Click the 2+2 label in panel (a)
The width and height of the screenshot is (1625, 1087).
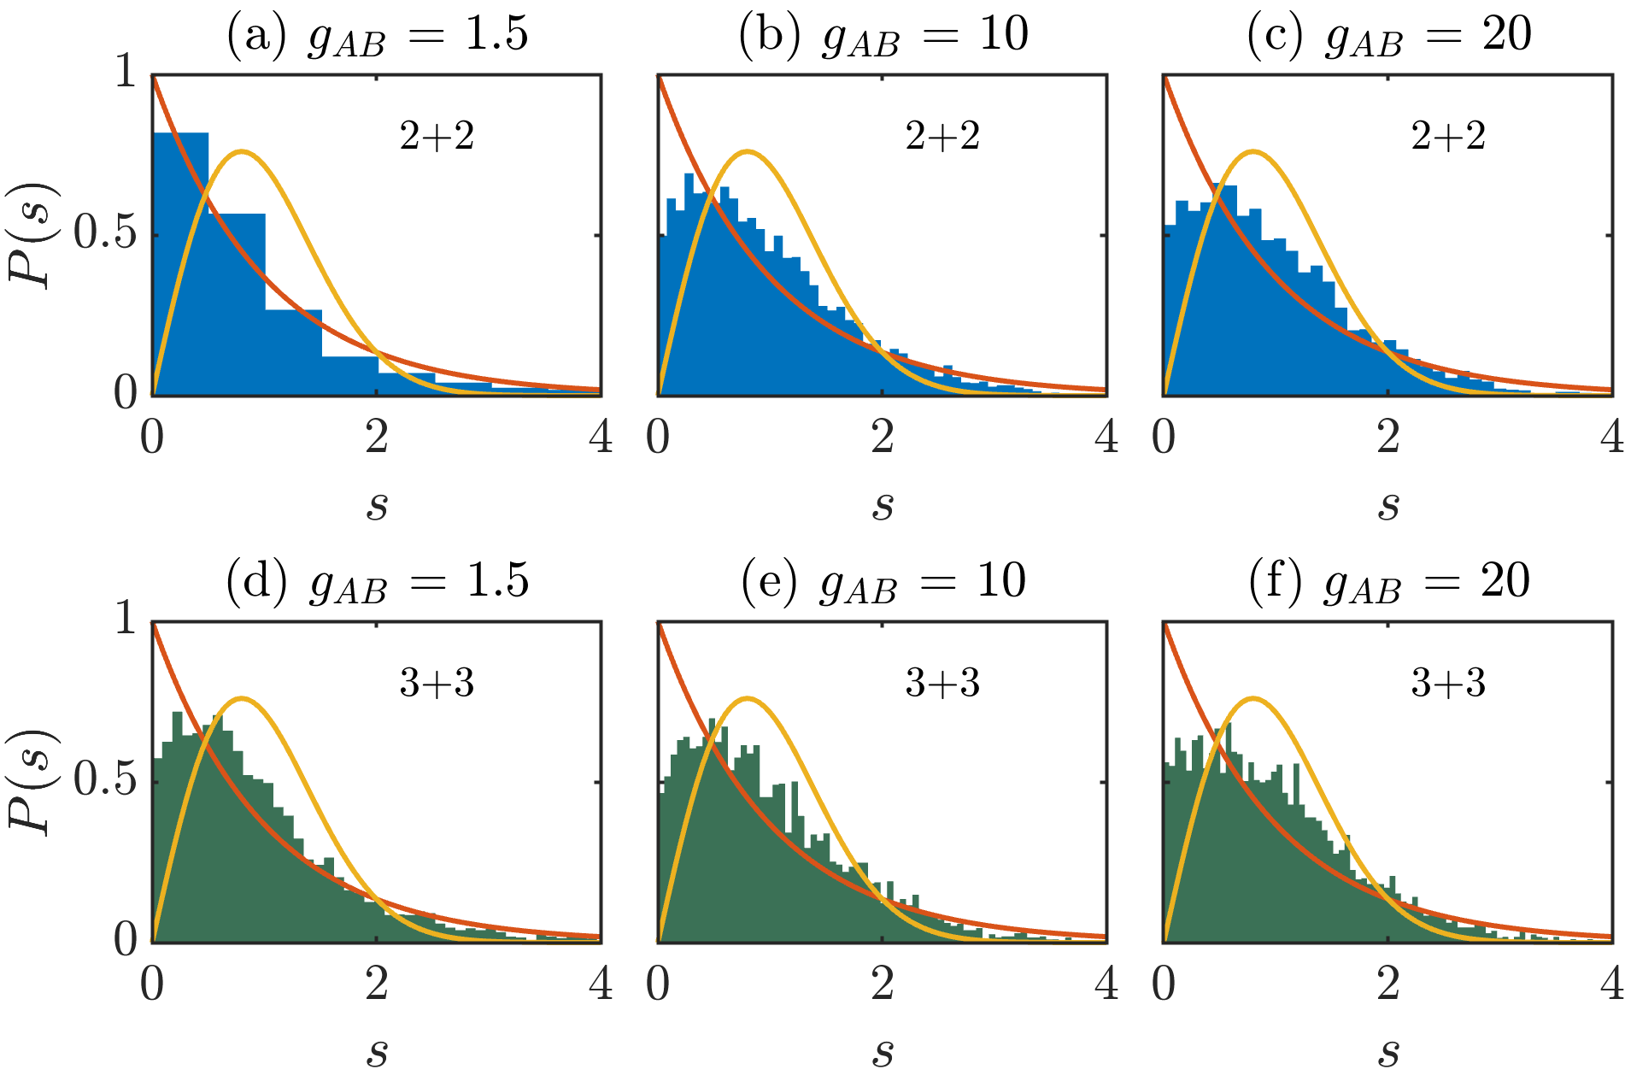(x=437, y=136)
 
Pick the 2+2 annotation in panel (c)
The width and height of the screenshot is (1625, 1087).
(x=1448, y=136)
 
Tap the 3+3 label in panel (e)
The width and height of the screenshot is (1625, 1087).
(x=942, y=683)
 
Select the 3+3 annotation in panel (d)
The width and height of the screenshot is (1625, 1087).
(x=437, y=683)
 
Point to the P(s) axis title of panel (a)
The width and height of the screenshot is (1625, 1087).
(x=32, y=235)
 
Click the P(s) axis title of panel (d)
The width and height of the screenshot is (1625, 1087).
(x=32, y=782)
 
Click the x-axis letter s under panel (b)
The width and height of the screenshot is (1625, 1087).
(x=883, y=506)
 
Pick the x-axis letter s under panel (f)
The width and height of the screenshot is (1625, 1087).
(x=1388, y=1053)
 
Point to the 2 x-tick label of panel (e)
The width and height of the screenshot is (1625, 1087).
(x=883, y=984)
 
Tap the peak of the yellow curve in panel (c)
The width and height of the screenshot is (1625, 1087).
(x=1253, y=152)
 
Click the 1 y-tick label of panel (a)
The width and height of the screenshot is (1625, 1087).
(x=126, y=72)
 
